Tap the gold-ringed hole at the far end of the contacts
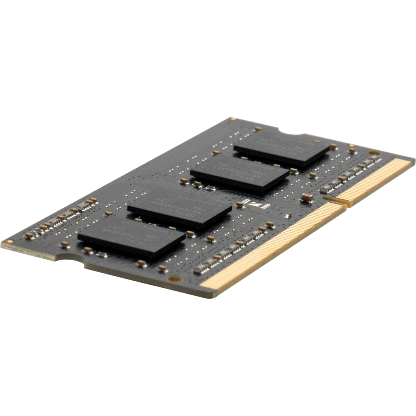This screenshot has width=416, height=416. [x=374, y=153]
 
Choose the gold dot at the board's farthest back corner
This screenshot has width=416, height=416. [x=233, y=119]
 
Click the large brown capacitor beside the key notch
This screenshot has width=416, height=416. [x=307, y=198]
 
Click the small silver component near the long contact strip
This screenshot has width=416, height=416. [x=288, y=215]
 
